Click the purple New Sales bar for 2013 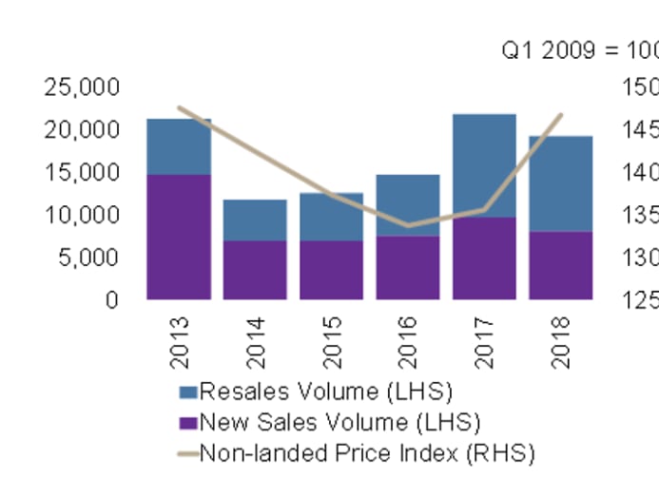(x=179, y=237)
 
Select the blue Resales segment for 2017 (x=484, y=165)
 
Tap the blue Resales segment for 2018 (x=561, y=183)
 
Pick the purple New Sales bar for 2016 (x=408, y=267)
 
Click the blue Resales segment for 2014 (x=255, y=220)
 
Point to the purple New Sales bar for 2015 (x=332, y=270)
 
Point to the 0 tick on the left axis (x=111, y=300)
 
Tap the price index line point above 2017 (x=484, y=210)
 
